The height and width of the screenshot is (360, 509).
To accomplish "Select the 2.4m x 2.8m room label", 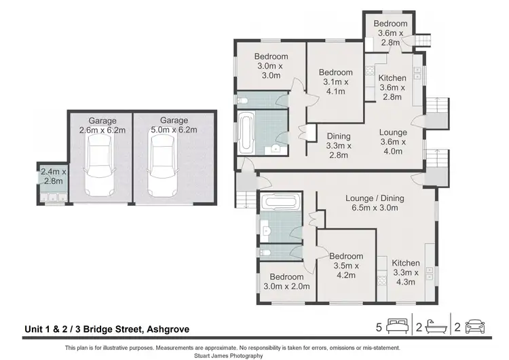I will click(x=52, y=177).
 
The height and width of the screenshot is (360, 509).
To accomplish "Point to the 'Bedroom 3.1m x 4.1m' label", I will click(x=336, y=82).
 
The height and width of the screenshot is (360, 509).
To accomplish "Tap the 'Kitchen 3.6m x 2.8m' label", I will click(x=392, y=88).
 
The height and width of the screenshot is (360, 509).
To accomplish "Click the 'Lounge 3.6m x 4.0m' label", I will click(x=393, y=142).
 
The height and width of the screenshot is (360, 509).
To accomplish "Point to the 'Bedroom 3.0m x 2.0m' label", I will click(x=286, y=282).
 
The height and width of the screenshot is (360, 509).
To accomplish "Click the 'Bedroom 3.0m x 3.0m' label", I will click(x=271, y=66).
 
